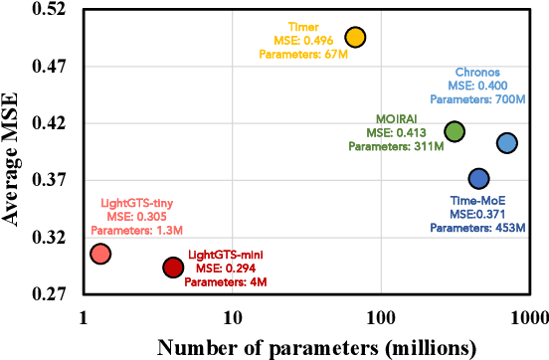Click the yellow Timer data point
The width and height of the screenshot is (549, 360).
pos(354,37)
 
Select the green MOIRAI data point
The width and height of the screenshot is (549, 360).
pos(455,131)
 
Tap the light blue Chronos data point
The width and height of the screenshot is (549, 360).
pos(507,143)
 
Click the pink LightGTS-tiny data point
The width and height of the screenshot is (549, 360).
pos(99,254)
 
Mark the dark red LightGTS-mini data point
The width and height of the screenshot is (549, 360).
pos(173,267)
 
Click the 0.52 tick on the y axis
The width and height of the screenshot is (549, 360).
pos(51,10)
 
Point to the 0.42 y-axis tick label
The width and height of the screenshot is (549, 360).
pos(51,124)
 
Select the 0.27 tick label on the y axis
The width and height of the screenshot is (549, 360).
pos(51,295)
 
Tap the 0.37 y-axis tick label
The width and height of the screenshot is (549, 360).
pos(51,181)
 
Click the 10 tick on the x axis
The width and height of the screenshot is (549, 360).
pos(232,318)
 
